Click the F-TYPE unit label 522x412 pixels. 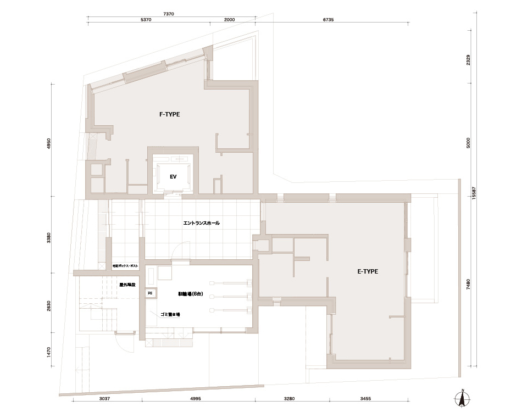tap(169, 114)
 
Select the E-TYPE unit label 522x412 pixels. tap(368, 271)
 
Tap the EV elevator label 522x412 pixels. tap(172, 177)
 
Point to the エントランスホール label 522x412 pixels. tap(201, 223)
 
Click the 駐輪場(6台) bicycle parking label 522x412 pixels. tap(190, 294)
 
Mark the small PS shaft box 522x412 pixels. tap(149, 293)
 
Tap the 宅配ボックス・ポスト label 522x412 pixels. tap(125, 266)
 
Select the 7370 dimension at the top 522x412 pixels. tap(169, 13)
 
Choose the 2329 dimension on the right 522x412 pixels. tap(468, 59)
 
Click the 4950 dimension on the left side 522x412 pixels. tap(49, 144)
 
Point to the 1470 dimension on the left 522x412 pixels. tap(49, 352)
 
